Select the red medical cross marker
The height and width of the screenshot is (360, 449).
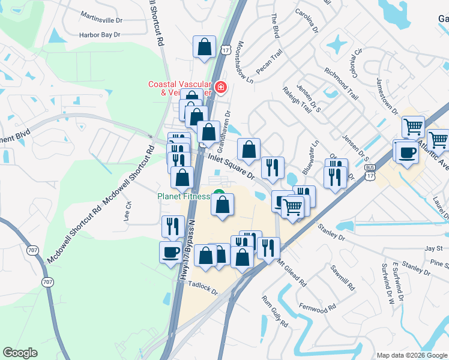click(x=221, y=88)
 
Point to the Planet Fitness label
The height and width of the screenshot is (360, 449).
click(x=183, y=196)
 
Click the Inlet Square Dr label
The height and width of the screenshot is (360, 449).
click(x=231, y=166)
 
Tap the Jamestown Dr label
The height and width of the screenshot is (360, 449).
click(x=387, y=96)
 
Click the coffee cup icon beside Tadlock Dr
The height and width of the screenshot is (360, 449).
click(x=170, y=251)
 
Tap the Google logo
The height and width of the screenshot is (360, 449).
click(x=20, y=353)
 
